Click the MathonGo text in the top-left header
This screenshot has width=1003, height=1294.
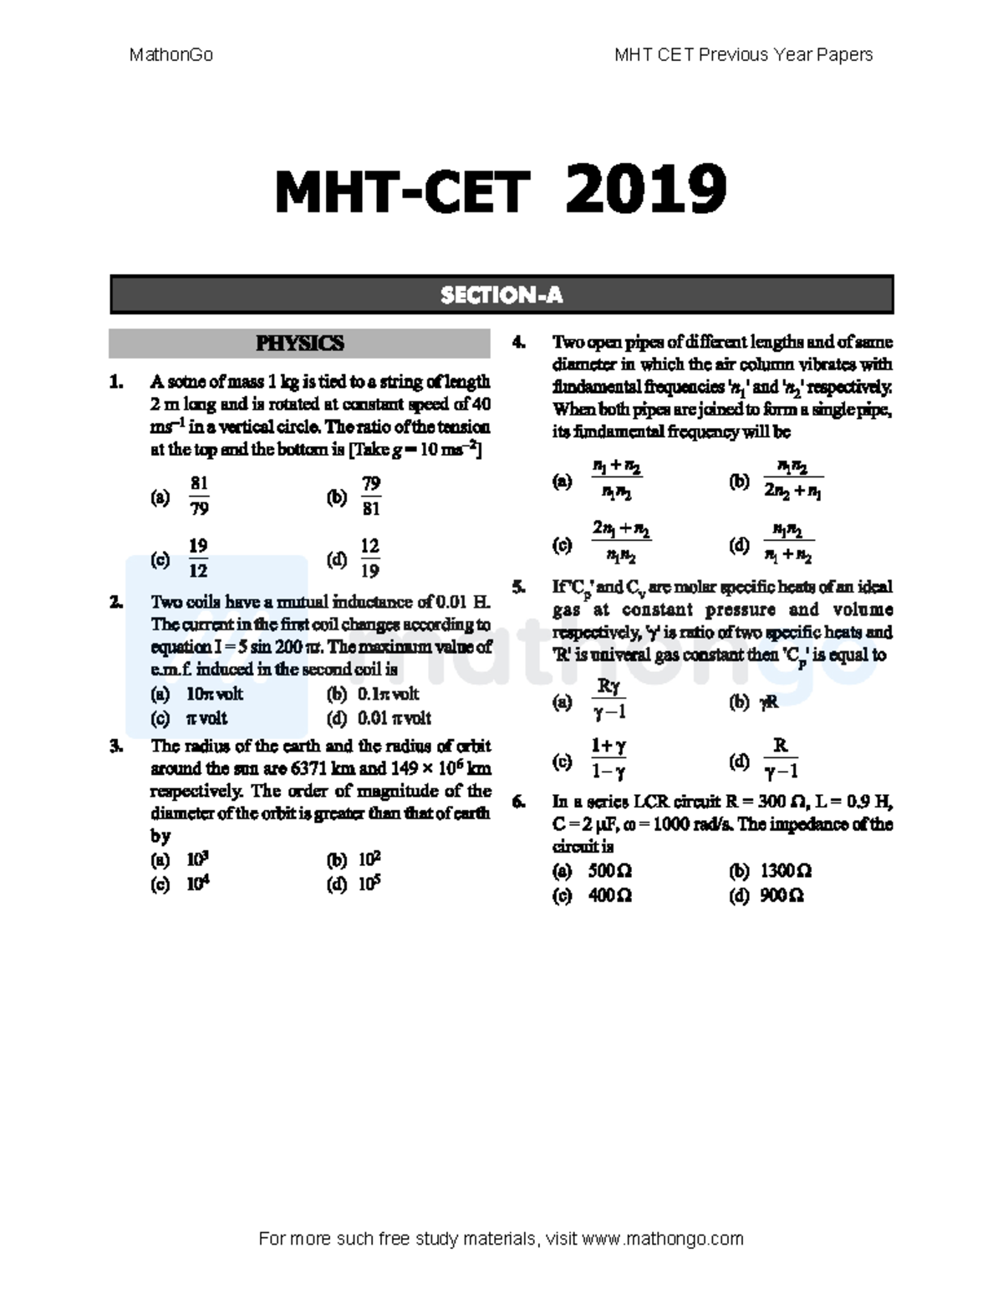(x=171, y=55)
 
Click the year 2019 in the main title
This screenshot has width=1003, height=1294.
(x=646, y=190)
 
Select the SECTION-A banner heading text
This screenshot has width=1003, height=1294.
(x=501, y=295)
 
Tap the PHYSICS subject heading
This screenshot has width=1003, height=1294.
(x=299, y=344)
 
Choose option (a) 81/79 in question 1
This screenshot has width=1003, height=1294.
(x=199, y=497)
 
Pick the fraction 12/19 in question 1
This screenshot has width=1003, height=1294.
(x=369, y=558)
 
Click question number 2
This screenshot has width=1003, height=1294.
(x=116, y=602)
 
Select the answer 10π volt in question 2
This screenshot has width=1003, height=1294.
(x=215, y=694)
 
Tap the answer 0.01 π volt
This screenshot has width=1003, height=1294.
(x=394, y=718)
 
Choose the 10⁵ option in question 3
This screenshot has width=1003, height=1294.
(x=369, y=883)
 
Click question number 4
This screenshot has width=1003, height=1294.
(x=519, y=343)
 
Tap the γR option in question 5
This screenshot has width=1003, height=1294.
(x=768, y=703)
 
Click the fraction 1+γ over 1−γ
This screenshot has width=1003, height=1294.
(x=608, y=759)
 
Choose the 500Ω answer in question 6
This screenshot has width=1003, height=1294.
(x=610, y=871)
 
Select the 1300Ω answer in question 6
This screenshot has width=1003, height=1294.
(x=786, y=871)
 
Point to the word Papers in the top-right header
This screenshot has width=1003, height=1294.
(x=848, y=55)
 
